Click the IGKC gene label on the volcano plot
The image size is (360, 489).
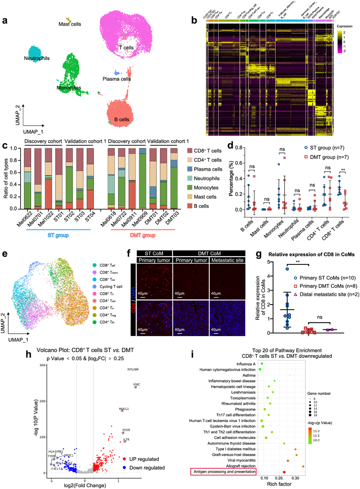point(137,384)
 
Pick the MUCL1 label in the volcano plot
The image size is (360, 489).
point(124,409)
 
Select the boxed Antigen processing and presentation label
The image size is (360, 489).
point(224,472)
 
